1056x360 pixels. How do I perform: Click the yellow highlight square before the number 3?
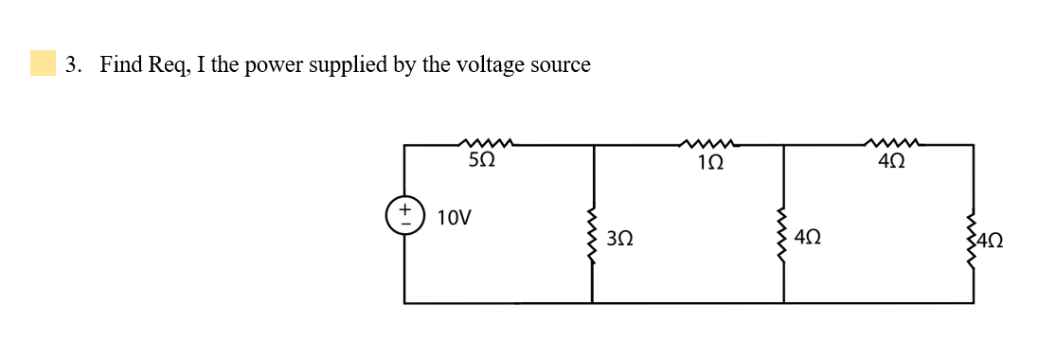43,63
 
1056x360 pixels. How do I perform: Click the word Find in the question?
121,64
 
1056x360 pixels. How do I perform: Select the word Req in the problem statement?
170,65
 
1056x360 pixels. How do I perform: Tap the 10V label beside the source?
455,218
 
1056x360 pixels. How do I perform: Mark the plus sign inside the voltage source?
404,205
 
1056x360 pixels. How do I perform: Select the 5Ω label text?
482,162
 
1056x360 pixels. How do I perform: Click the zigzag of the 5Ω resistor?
485,144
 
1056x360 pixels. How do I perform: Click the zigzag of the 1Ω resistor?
707,144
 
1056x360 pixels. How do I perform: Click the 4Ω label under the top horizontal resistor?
890,162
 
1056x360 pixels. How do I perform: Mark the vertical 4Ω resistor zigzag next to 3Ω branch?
783,237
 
